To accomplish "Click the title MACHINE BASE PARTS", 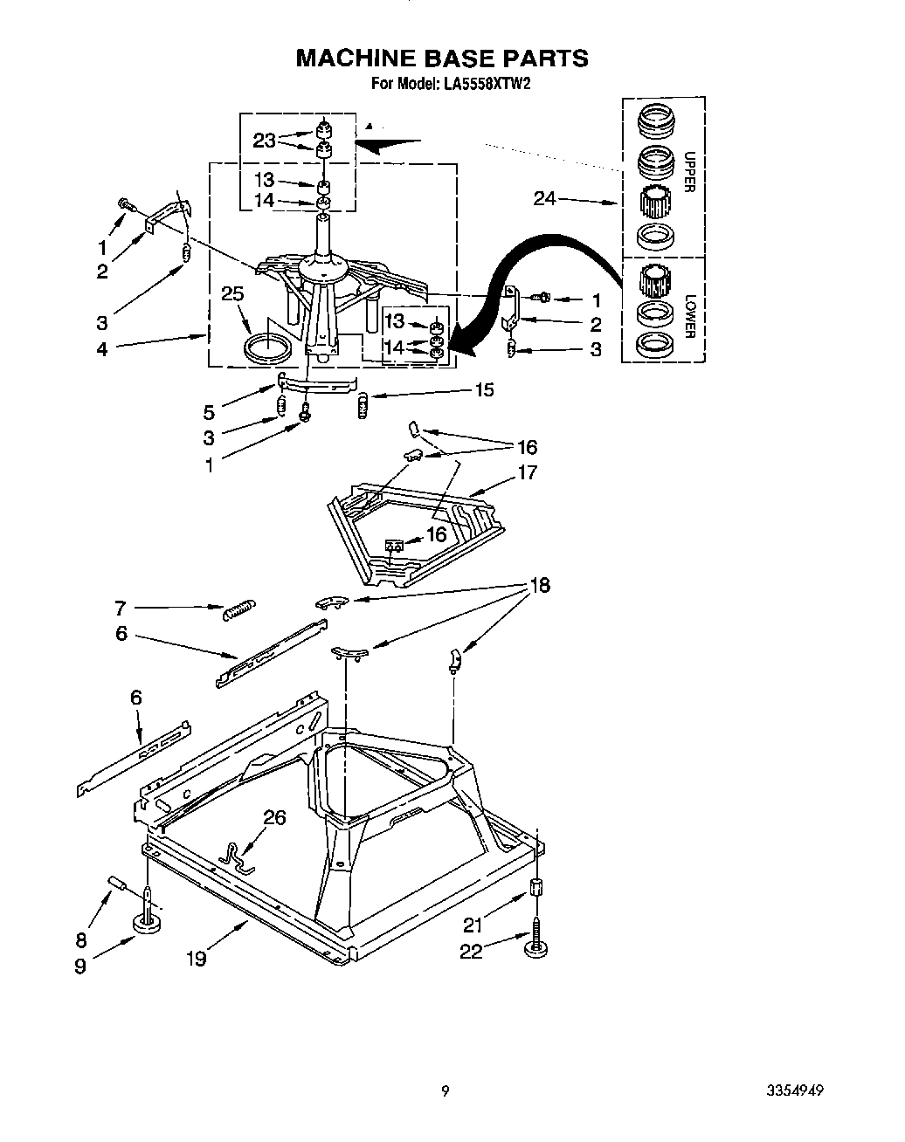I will (441, 58).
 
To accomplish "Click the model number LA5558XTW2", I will (487, 84).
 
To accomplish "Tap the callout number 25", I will (232, 294).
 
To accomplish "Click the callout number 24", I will (545, 198).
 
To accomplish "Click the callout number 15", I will (483, 389).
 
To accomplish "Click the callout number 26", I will (274, 817).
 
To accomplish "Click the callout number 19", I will (196, 958).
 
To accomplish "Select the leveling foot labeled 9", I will (150, 923).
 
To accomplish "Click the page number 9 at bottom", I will (446, 1090).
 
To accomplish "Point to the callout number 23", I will (264, 141).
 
